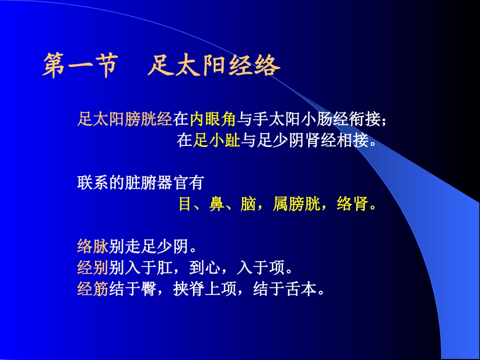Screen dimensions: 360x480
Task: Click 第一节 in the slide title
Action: [x=80, y=67]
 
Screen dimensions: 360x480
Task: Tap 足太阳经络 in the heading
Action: [x=214, y=67]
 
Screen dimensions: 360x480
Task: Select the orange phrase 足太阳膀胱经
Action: [x=125, y=120]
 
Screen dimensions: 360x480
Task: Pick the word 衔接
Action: [x=365, y=120]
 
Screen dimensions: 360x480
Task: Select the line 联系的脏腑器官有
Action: [x=140, y=183]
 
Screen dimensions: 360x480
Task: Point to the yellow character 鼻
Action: [x=217, y=204]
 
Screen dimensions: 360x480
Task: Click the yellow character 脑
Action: [x=248, y=204]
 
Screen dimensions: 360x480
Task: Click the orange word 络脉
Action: [x=93, y=246]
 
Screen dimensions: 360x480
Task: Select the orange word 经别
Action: [x=93, y=267]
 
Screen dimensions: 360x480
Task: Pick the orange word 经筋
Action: [x=93, y=288]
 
